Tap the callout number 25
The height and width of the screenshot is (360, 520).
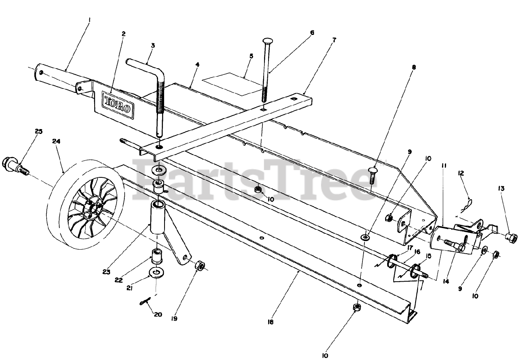39,131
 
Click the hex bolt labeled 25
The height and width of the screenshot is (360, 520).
15,165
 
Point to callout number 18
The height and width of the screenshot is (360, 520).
271,322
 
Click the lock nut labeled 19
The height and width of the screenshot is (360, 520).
199,266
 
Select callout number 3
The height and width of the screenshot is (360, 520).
153,45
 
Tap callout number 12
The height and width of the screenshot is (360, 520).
461,173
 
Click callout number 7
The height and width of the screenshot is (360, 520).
334,41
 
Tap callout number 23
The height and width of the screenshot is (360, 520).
106,272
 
